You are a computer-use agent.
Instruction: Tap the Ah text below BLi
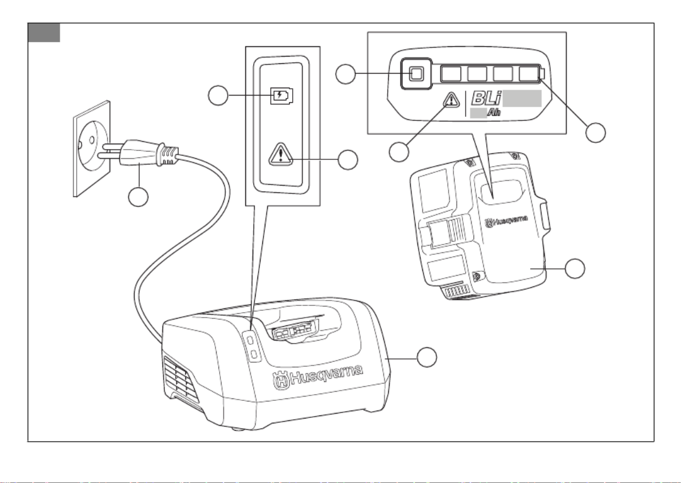[x=494, y=113]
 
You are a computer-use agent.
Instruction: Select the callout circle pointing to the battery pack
[x=576, y=268]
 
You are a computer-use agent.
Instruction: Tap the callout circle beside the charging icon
[x=219, y=96]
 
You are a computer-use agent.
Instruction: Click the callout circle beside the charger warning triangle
[x=347, y=160]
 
